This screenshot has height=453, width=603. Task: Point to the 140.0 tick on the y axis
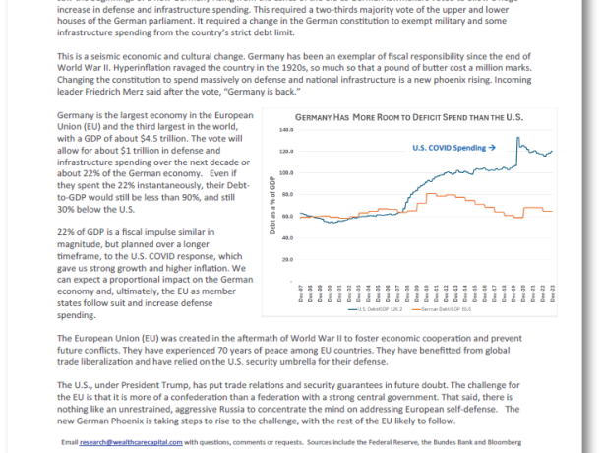coord(287,129)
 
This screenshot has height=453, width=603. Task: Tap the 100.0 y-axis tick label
coord(287,172)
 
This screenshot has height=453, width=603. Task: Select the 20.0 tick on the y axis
coord(288,259)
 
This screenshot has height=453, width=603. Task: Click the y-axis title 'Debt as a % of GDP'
coord(271,207)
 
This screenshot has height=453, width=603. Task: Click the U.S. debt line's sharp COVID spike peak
coord(517,139)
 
